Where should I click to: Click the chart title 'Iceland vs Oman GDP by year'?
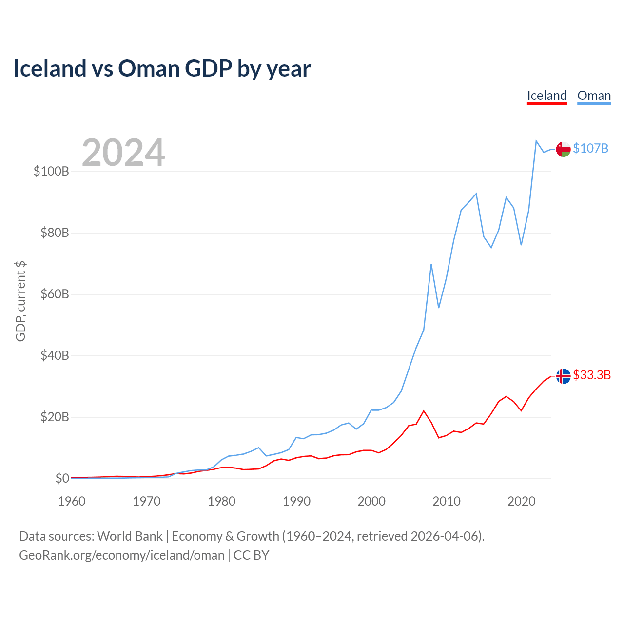tap(162, 68)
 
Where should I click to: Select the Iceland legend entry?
tap(547, 96)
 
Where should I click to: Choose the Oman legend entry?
tap(594, 96)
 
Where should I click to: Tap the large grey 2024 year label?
tap(123, 153)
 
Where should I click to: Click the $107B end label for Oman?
tap(590, 148)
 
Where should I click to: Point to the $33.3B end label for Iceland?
tap(592, 375)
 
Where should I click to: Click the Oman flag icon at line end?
tap(564, 150)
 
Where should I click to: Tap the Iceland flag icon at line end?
tap(564, 376)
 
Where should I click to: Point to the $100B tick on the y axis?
tap(51, 172)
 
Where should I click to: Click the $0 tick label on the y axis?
tap(62, 478)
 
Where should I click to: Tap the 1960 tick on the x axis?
tap(72, 501)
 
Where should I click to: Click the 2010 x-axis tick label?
tap(447, 501)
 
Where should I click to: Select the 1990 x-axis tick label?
tap(296, 501)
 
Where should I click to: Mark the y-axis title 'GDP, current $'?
tap(20, 301)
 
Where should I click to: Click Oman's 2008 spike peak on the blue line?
tap(431, 264)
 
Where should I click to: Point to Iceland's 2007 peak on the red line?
tap(424, 411)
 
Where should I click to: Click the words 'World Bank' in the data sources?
tap(130, 536)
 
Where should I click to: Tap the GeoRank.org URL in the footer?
tap(122, 555)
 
